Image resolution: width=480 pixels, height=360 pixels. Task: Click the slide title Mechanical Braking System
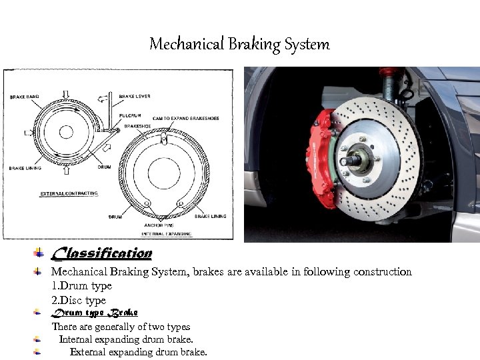pyautogui.click(x=239, y=45)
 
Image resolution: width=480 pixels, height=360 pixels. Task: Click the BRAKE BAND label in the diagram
pyautogui.click(x=24, y=97)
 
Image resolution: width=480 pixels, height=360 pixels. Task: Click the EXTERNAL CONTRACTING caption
pyautogui.click(x=69, y=193)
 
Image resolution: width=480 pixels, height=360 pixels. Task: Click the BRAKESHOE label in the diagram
pyautogui.click(x=137, y=125)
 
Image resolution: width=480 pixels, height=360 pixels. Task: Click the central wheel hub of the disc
pyautogui.click(x=355, y=160)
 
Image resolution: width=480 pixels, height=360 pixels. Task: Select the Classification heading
pyautogui.click(x=102, y=253)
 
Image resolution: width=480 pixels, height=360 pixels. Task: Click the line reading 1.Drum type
pyautogui.click(x=82, y=285)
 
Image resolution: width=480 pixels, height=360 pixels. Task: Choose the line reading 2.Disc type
pyautogui.click(x=79, y=300)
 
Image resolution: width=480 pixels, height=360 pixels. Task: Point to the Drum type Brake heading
pyautogui.click(x=95, y=312)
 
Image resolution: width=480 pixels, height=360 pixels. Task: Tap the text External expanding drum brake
pyautogui.click(x=139, y=352)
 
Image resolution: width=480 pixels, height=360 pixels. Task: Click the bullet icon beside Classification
pyautogui.click(x=39, y=253)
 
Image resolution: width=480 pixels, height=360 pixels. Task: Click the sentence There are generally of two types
pyautogui.click(x=121, y=327)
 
